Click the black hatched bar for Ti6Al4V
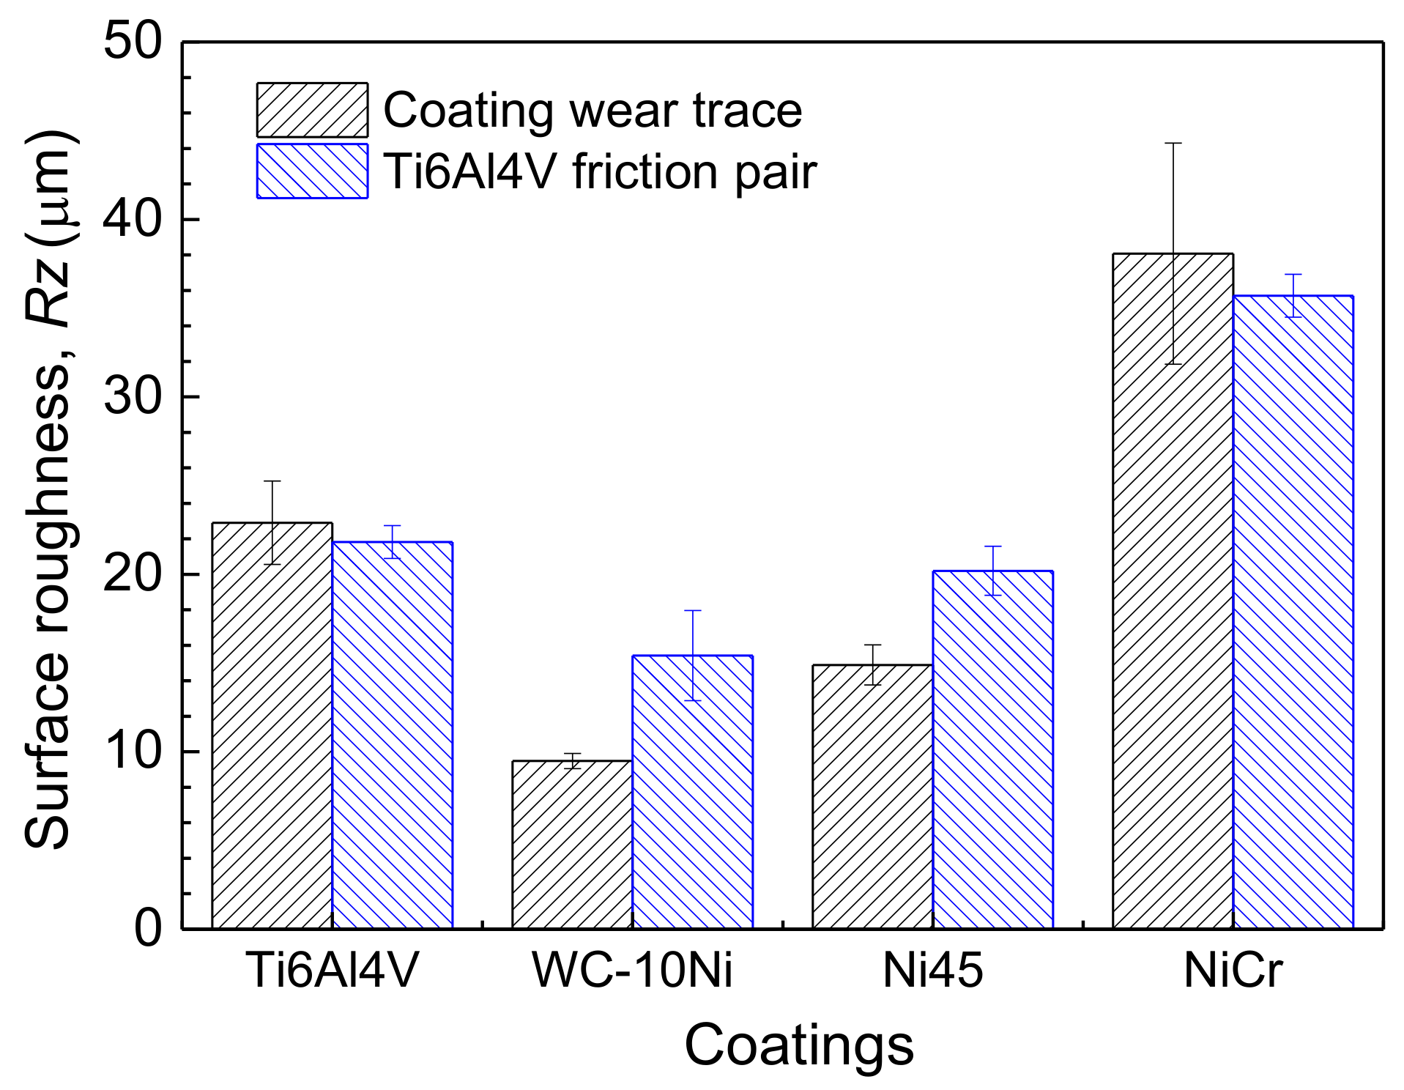272,725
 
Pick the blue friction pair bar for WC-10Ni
692,792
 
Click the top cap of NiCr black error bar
1173,144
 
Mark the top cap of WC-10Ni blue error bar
692,610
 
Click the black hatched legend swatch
312,110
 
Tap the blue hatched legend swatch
312,171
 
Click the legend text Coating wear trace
593,111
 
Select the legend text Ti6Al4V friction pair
599,172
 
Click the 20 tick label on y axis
133,574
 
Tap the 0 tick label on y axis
148,928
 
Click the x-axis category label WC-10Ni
632,971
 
